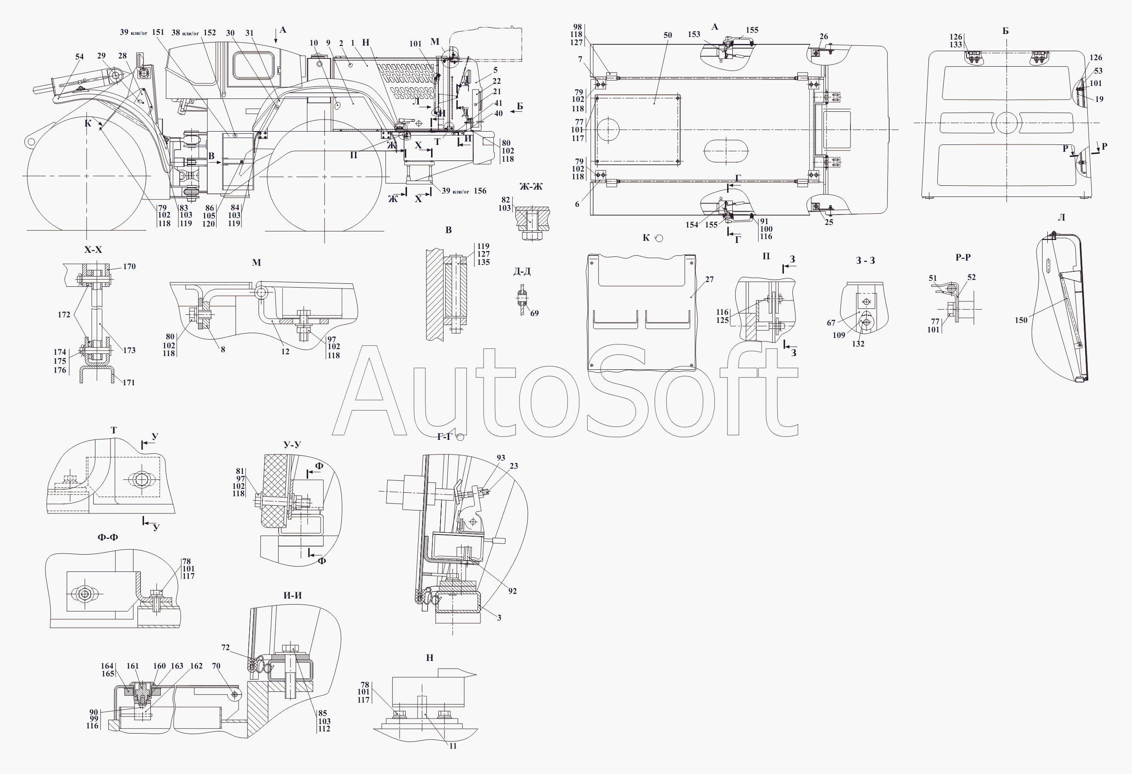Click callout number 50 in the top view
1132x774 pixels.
click(668, 35)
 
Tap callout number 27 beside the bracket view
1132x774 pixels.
click(709, 279)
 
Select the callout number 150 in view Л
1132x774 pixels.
click(1021, 320)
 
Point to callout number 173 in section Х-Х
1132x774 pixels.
click(129, 350)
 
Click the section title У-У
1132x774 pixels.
click(292, 445)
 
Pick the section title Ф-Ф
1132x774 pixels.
click(107, 537)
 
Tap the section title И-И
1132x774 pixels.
click(293, 596)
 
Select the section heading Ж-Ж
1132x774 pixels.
click(531, 186)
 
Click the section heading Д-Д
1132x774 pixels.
click(522, 271)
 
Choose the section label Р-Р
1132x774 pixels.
click(963, 257)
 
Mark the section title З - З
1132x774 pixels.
click(866, 261)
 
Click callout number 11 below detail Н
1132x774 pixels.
click(453, 746)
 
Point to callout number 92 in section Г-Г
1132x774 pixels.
click(512, 591)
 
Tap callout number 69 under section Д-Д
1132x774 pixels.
click(534, 313)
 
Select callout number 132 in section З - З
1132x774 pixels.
click(858, 344)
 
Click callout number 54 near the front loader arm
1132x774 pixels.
click(80, 56)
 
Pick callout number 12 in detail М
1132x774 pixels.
click(285, 351)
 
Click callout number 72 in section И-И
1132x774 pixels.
click(226, 648)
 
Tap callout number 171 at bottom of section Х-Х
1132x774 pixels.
click(128, 383)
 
